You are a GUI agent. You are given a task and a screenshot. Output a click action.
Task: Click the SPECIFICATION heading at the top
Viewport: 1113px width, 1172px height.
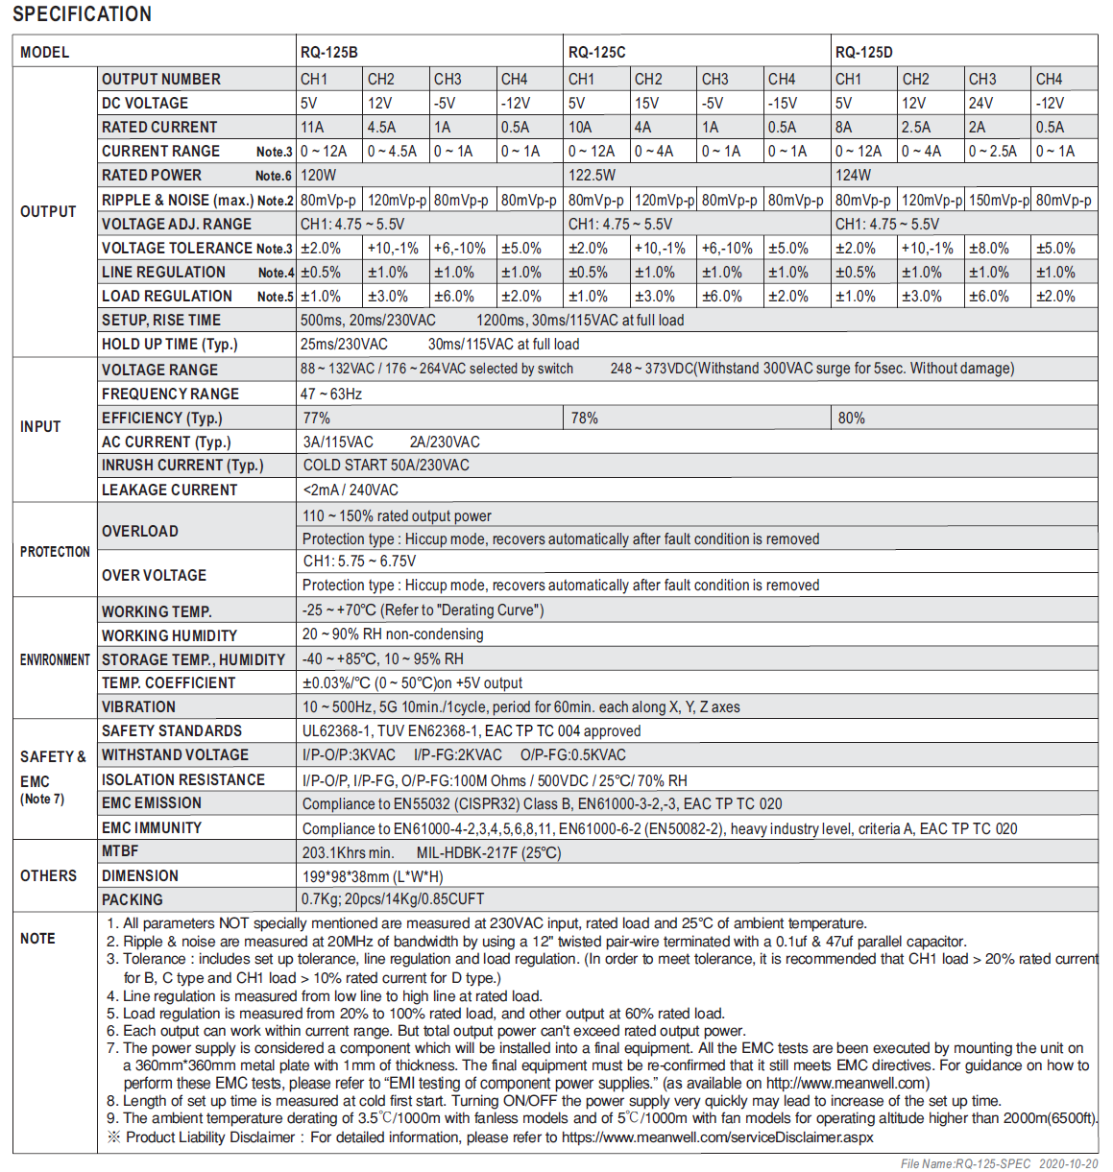[x=82, y=14]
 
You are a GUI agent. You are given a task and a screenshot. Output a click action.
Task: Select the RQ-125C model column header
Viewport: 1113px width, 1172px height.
[x=596, y=52]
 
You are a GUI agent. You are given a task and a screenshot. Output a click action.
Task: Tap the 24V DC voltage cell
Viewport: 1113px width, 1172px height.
[x=981, y=103]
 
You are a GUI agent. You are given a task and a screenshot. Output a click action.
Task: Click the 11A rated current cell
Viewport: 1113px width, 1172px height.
[x=312, y=127]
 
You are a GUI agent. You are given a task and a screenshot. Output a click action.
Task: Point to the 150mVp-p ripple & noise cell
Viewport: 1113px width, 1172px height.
[x=999, y=200]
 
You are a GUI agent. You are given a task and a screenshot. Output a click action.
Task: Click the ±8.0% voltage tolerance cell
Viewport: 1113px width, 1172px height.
[x=988, y=248]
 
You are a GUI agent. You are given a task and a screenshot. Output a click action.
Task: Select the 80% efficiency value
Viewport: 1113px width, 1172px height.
[x=851, y=418]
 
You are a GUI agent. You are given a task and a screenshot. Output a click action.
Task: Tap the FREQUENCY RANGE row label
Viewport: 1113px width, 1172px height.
[x=170, y=394]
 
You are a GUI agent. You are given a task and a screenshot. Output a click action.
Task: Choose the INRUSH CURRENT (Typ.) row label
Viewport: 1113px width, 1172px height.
[x=181, y=466]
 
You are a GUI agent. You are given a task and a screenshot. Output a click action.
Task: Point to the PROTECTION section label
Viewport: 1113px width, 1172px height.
[x=55, y=552]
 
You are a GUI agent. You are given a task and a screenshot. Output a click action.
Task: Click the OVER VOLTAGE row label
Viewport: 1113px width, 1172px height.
[x=154, y=575]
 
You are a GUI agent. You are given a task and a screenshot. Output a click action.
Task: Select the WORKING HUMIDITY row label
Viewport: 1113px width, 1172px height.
[x=169, y=635]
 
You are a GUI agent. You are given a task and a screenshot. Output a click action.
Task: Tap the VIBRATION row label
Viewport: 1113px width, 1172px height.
[x=138, y=706]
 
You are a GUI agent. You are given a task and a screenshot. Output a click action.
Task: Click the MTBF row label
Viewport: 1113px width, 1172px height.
[x=120, y=851]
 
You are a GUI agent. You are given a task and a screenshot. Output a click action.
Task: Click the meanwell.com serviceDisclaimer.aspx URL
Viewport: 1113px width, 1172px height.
[x=717, y=1137]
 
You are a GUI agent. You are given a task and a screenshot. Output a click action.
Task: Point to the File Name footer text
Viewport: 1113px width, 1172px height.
[x=999, y=1163]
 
